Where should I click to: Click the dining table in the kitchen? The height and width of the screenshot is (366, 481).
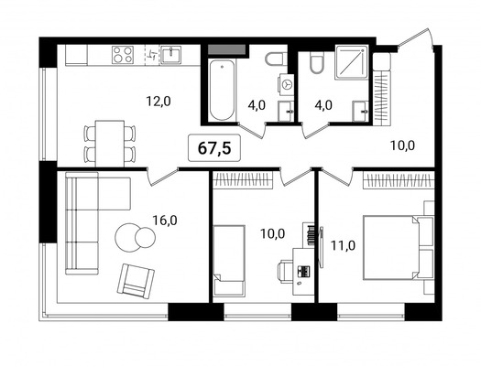(x=109, y=140)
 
